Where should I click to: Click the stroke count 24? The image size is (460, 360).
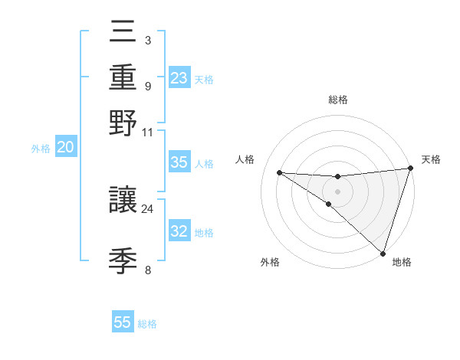[147, 208]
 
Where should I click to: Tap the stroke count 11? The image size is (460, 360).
[147, 131]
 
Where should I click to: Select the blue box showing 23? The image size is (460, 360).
[179, 78]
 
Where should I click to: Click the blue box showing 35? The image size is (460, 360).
[179, 162]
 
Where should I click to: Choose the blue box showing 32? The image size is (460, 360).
[179, 231]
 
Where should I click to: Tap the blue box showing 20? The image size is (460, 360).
[66, 148]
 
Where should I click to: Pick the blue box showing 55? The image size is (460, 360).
[123, 322]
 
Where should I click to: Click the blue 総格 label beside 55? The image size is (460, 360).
[147, 324]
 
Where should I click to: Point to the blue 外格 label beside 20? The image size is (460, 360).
[41, 149]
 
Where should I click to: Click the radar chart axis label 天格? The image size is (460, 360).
[431, 159]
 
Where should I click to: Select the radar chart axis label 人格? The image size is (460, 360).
[245, 159]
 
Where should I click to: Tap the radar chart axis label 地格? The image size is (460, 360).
[402, 262]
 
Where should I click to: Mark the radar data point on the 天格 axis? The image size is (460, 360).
[411, 169]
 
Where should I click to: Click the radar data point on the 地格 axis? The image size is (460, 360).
[383, 254]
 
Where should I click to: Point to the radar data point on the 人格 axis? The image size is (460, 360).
[280, 172]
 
